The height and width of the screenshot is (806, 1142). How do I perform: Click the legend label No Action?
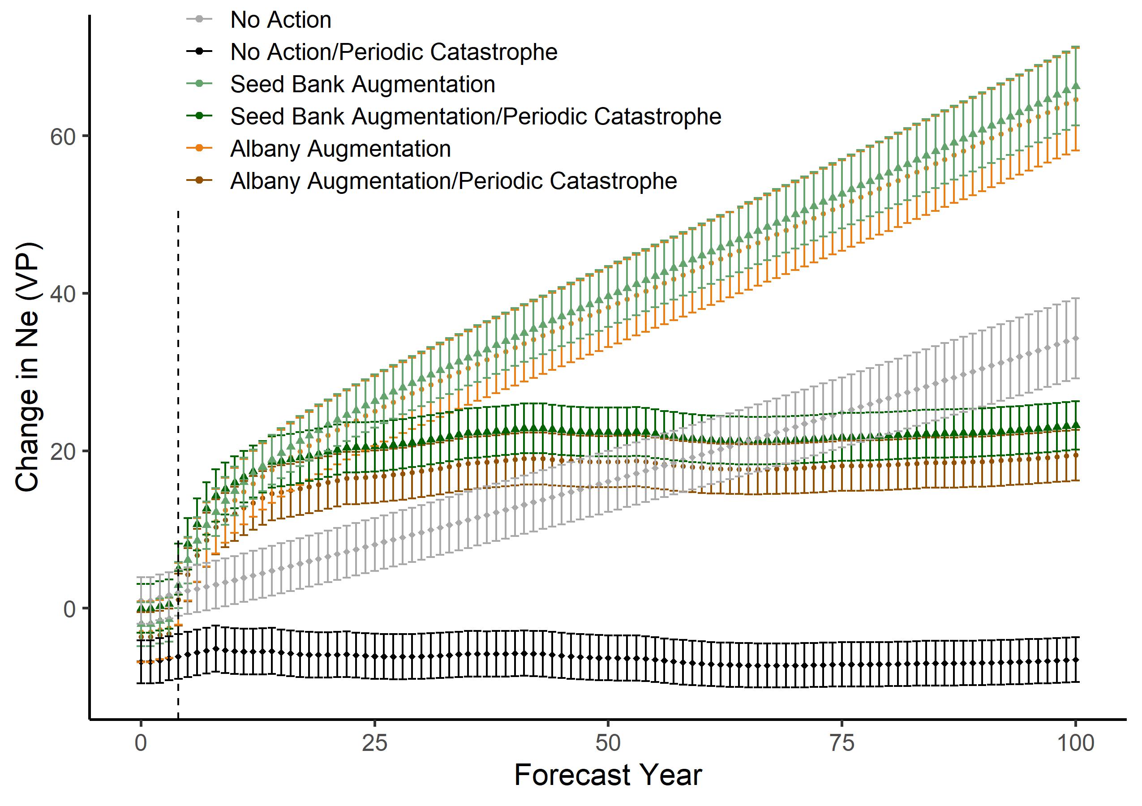click(x=280, y=20)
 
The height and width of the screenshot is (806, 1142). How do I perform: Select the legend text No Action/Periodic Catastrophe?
click(x=394, y=51)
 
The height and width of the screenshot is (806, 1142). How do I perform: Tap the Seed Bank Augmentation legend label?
click(x=363, y=84)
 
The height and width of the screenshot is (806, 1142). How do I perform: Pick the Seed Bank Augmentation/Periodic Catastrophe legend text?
click(x=476, y=116)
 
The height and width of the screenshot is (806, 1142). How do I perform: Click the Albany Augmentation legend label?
click(x=340, y=149)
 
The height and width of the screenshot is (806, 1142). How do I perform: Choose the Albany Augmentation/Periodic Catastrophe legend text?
click(x=453, y=181)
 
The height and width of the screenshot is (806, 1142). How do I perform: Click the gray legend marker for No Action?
click(x=199, y=19)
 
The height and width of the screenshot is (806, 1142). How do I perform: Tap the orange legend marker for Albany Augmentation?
click(x=199, y=148)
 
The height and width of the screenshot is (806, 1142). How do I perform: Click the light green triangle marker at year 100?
click(x=1075, y=86)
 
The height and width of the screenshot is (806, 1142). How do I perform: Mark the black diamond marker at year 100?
click(x=1075, y=660)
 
